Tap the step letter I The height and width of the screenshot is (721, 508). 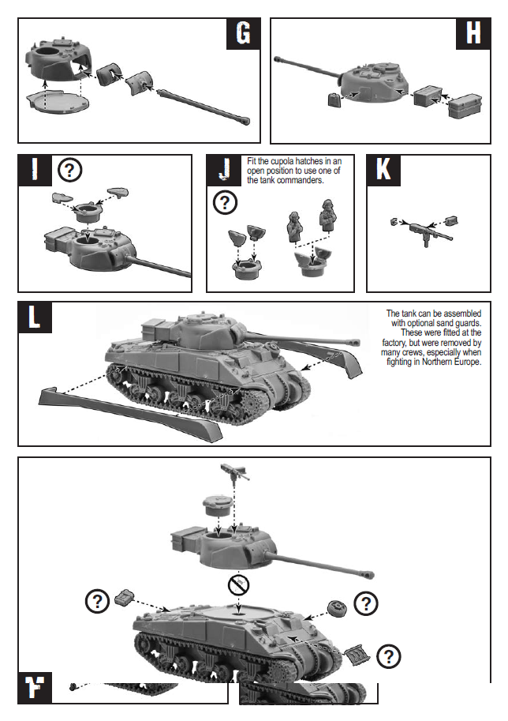[x=34, y=170]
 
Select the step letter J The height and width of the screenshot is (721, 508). [x=225, y=170]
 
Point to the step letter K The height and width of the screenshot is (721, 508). [x=383, y=170]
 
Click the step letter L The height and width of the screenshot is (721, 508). [x=34, y=316]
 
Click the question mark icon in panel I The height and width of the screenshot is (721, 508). [x=71, y=169]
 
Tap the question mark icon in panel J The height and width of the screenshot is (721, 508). [x=226, y=203]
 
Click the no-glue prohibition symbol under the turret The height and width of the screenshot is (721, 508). [x=239, y=585]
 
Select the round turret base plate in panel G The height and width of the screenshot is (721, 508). [x=57, y=100]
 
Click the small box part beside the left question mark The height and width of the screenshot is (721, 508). [x=125, y=596]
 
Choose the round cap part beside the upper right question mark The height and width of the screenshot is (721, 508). [x=338, y=606]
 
